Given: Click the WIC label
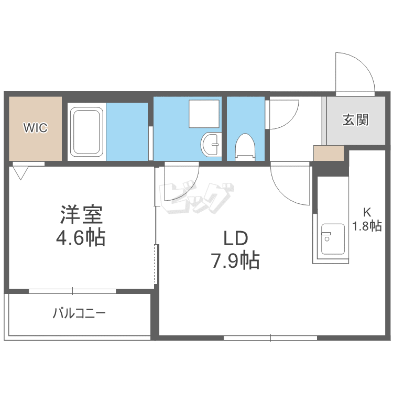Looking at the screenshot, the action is click(x=35, y=127).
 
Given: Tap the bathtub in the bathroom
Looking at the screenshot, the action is click(x=86, y=132).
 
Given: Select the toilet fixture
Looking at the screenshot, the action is click(x=245, y=147).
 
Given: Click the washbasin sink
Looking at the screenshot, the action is click(x=211, y=145).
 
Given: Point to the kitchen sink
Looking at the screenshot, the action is click(x=333, y=239).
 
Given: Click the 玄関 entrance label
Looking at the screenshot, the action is click(x=355, y=120).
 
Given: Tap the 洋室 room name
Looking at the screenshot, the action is click(x=81, y=214).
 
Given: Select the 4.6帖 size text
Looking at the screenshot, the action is click(x=81, y=237).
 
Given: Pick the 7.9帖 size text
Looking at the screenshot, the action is click(x=236, y=260).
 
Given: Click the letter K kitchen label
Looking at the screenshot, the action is click(x=367, y=213).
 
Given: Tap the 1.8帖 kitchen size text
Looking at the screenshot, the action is click(x=367, y=225).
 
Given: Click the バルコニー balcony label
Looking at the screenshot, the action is click(x=79, y=313).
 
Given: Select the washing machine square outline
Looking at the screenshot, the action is click(x=204, y=114).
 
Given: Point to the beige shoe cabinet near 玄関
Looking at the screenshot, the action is click(x=329, y=153).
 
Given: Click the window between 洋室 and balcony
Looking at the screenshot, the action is click(x=72, y=291).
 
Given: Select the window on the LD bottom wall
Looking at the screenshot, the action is click(x=270, y=338).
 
